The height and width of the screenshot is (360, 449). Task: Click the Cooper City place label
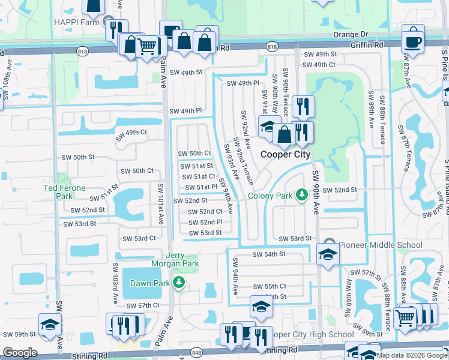285,154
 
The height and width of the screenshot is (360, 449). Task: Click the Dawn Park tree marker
178,282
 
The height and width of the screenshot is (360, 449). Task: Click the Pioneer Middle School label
380,244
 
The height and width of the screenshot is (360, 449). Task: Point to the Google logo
20,352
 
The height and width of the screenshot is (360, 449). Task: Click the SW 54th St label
268,254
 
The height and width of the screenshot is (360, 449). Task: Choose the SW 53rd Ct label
139,238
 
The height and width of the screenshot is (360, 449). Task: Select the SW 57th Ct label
143,305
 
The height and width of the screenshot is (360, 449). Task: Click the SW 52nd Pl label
205,222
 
